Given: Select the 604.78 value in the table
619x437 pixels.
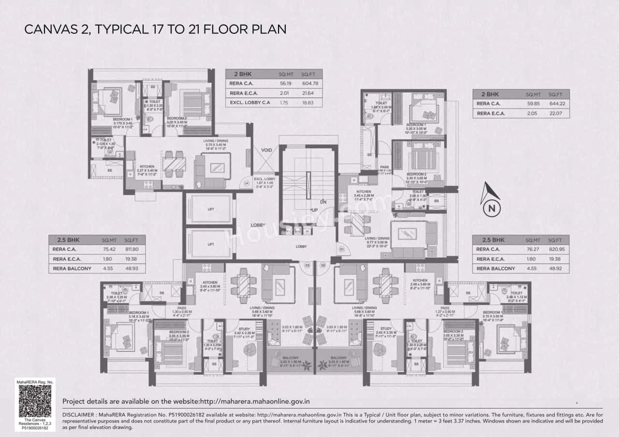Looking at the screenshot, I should [x=308, y=83].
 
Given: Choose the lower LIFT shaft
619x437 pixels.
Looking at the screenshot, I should [x=211, y=244].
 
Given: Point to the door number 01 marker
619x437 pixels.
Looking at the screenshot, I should [x=341, y=250].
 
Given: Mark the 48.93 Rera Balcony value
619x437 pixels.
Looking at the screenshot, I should [x=131, y=268].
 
